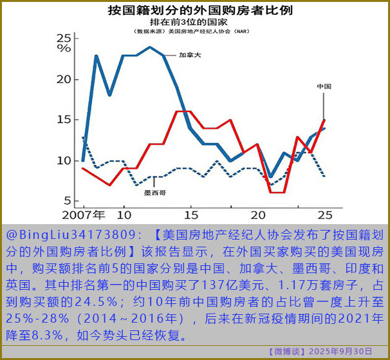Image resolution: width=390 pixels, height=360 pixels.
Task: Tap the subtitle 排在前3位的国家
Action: (196, 21)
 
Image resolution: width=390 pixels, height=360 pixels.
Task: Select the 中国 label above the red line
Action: (324, 86)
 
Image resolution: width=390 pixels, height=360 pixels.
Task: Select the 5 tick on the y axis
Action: (67, 199)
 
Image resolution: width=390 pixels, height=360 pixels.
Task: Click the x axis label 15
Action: (190, 214)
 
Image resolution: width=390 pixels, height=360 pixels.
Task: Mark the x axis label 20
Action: (257, 214)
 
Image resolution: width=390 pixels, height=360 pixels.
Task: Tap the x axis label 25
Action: (324, 214)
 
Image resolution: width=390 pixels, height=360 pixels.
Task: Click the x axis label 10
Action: (124, 214)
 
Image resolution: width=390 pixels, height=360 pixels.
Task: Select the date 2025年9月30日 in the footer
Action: (340, 352)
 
